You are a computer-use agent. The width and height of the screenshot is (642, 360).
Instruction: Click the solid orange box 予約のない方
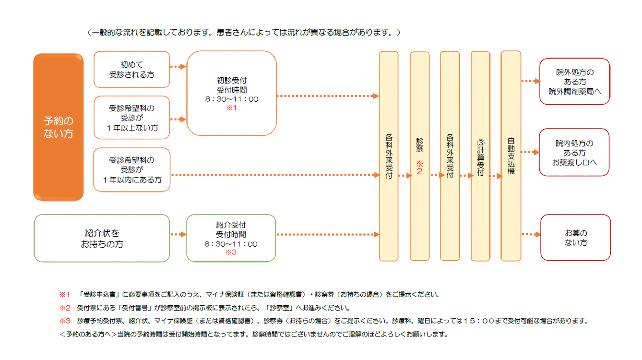58,127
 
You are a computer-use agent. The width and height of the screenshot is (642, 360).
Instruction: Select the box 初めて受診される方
132,70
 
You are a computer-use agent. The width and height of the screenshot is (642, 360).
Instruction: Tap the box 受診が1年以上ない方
132,118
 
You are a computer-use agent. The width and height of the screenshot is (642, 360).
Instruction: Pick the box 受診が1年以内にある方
132,170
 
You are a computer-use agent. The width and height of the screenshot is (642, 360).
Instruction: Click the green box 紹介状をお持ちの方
102,239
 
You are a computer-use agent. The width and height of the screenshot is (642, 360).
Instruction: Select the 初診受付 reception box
232,94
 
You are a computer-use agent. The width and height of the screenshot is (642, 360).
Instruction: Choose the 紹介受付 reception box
231,238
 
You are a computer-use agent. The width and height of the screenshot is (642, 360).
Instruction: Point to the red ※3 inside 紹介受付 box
231,252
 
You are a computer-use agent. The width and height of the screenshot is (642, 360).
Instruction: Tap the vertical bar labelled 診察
419,156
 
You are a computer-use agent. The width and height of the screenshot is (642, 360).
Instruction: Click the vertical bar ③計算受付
480,156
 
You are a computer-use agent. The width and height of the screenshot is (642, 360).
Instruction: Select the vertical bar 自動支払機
511,156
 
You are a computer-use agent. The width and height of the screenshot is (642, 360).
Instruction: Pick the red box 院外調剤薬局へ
574,81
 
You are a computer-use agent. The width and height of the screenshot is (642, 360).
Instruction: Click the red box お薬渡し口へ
574,152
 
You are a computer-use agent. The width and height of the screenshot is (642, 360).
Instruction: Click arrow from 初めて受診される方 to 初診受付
178,67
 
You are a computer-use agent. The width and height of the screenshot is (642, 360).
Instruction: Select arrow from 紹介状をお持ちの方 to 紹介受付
178,235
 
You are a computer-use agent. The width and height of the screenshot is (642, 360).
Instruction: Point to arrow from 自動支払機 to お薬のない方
531,235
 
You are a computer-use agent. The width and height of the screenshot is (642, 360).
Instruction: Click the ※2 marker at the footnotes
65,308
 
